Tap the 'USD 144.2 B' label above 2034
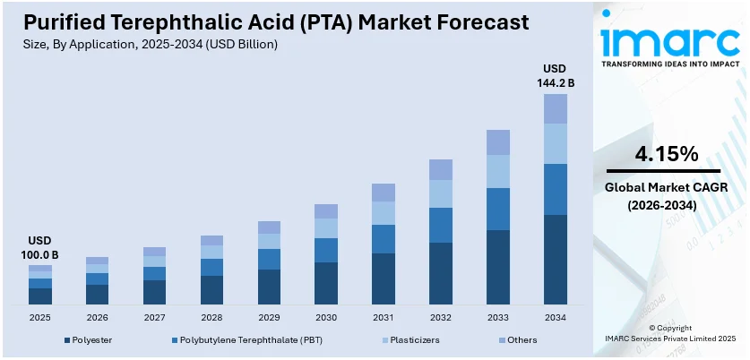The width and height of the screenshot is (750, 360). coord(556,75)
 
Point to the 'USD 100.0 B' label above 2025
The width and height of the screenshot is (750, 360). coord(40,248)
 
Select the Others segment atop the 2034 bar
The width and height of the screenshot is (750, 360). coord(556,108)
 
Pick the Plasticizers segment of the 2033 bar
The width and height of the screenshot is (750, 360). coord(498,171)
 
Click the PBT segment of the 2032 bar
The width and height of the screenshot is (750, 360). coord(441,225)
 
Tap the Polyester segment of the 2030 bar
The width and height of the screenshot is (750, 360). coord(326,283)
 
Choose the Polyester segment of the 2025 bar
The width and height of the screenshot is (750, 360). coord(40,296)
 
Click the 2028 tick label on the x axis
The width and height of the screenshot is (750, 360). coord(211,317)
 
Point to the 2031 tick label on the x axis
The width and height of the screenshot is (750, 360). coord(384,317)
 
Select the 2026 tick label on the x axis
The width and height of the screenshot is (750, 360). coord(98,317)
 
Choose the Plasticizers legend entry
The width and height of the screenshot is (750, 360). coord(412,340)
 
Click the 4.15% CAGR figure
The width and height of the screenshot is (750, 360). coord(666,154)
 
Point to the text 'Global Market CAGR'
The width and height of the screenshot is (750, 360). coord(666,187)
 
